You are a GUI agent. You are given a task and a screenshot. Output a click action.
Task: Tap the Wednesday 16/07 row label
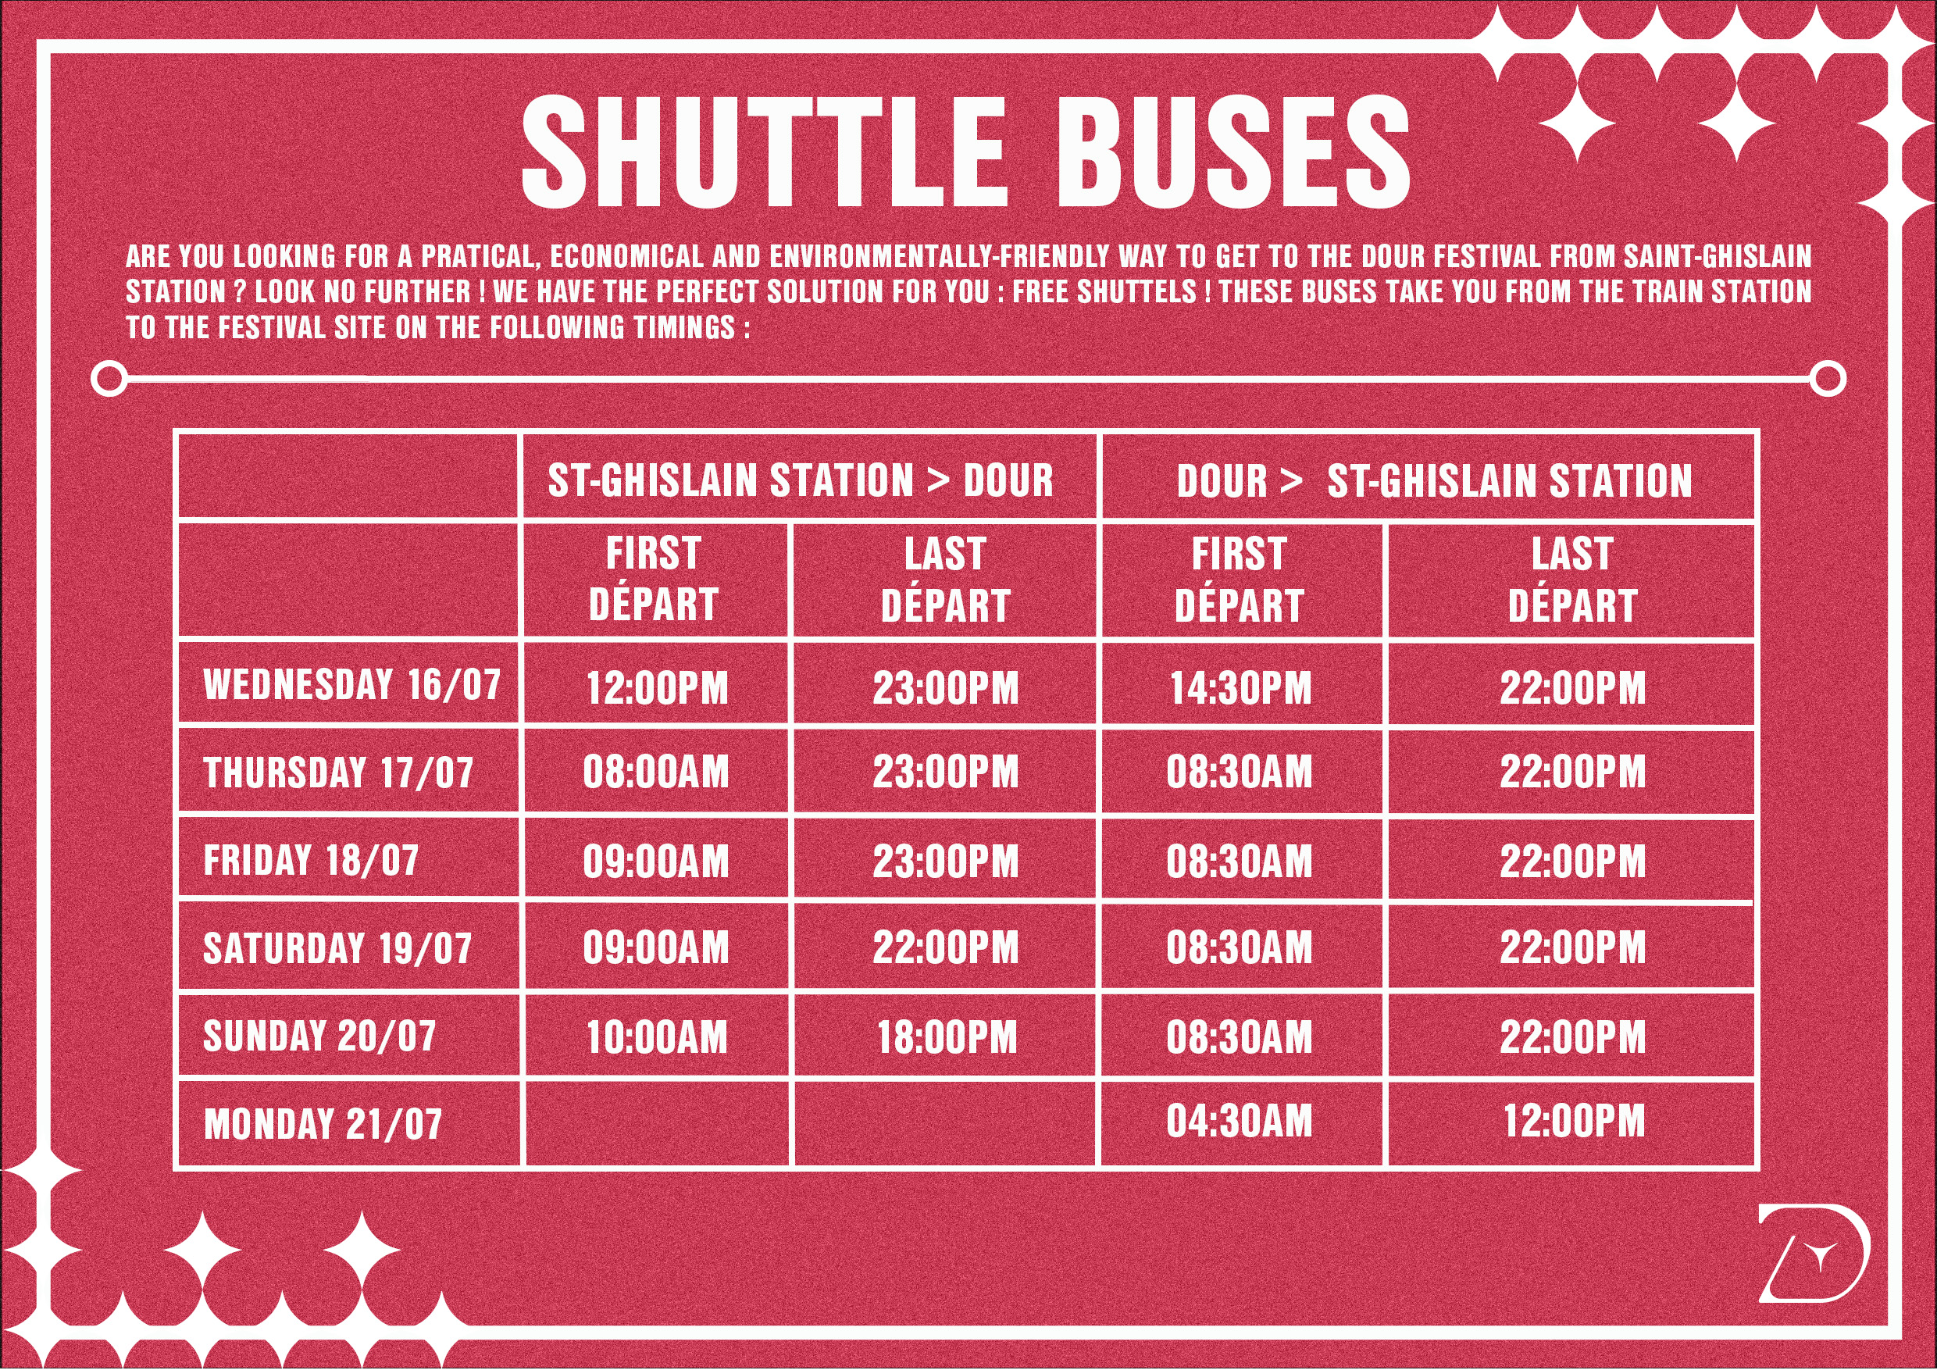[x=352, y=684]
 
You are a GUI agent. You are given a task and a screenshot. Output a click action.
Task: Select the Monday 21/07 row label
[x=323, y=1124]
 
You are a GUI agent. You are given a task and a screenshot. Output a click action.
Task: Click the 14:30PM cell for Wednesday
[x=1240, y=688]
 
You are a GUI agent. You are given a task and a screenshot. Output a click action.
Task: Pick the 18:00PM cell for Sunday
[x=947, y=1037]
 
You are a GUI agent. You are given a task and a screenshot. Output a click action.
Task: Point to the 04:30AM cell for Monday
[x=1240, y=1121]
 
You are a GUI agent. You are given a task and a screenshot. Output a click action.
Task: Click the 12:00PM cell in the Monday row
[x=1573, y=1121]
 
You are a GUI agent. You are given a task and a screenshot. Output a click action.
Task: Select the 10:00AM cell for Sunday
[x=656, y=1037]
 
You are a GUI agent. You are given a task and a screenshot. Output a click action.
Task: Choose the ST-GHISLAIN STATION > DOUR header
[x=801, y=481]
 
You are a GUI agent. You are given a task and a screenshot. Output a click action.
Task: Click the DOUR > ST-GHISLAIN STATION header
[x=1434, y=481]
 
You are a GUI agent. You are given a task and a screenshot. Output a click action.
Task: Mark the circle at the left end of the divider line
[x=109, y=379]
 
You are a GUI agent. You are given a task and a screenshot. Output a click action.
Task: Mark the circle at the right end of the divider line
[x=1828, y=379]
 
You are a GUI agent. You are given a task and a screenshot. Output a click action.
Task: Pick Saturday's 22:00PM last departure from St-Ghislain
[x=947, y=948]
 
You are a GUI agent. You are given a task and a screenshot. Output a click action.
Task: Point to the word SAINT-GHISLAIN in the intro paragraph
[x=1718, y=255]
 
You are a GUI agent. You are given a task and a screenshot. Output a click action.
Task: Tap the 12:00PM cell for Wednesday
[x=656, y=688]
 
